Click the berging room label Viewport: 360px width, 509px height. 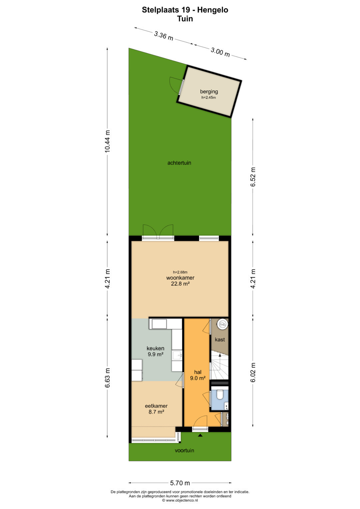[x=209, y=92]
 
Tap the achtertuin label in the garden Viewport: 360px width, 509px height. [x=179, y=163]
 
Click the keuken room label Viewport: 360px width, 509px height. [x=155, y=348]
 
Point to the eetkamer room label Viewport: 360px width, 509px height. [x=156, y=406]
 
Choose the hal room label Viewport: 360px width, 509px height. [x=198, y=372]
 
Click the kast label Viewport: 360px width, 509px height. [x=220, y=339]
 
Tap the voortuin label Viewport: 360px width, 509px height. [x=184, y=450]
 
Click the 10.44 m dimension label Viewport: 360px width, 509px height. [x=107, y=141]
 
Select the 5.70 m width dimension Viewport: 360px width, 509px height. [x=180, y=483]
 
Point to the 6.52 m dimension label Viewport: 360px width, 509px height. [x=253, y=177]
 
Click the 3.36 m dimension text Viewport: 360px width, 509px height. [x=164, y=36]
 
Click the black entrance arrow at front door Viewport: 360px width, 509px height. [x=200, y=435]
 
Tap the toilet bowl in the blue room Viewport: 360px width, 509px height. [x=220, y=394]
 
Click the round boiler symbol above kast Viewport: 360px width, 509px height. [x=222, y=324]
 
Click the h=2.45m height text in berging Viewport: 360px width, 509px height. [x=209, y=98]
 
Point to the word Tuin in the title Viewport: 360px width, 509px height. [x=185, y=19]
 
